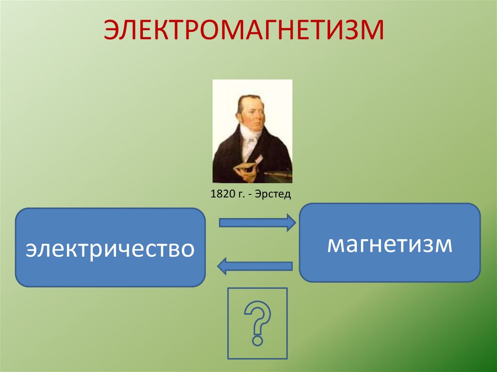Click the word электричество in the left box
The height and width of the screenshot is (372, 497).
click(111, 248)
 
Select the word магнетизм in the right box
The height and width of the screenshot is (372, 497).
click(390, 243)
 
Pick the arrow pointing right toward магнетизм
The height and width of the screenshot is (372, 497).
click(257, 223)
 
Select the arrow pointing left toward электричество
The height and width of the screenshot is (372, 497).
click(255, 266)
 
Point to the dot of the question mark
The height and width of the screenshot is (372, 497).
click(257, 340)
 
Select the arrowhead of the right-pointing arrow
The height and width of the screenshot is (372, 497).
click(290, 223)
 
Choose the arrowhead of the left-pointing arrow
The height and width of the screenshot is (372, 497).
click(222, 266)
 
